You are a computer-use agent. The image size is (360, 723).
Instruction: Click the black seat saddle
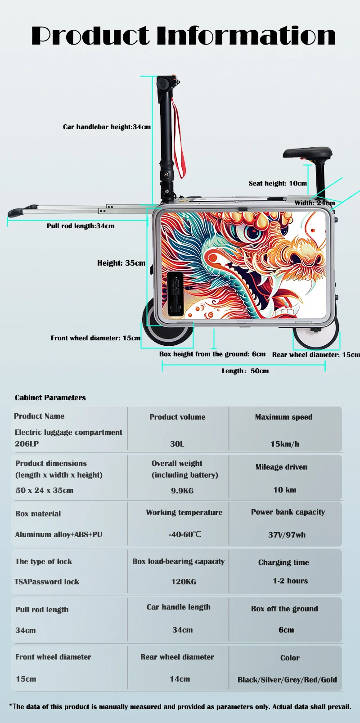tap(308, 153)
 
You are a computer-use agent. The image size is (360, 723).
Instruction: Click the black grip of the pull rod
tap(16, 212)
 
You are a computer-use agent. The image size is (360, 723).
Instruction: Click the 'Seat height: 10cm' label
tap(278, 183)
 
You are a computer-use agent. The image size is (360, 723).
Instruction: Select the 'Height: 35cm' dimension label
tap(121, 263)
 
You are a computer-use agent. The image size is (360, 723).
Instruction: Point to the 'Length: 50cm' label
tap(245, 371)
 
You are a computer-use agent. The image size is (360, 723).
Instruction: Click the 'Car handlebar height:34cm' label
tap(107, 127)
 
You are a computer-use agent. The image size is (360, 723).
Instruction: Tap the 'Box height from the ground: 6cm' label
tap(212, 354)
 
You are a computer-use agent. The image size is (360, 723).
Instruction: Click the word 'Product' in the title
tap(90, 36)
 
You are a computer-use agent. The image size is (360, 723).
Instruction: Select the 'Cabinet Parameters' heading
tap(50, 398)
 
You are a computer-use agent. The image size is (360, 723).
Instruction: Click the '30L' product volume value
tap(177, 444)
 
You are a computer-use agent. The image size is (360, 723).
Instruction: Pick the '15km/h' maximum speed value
tap(284, 444)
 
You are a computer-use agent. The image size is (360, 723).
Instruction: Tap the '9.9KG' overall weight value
tap(182, 491)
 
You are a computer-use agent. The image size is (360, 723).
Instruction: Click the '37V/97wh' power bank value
tap(287, 535)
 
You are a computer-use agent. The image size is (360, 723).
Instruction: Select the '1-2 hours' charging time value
tap(290, 581)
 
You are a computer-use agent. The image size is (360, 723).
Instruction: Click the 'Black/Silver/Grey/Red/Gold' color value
tap(287, 680)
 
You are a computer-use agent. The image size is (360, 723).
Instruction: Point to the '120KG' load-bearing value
tap(184, 582)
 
